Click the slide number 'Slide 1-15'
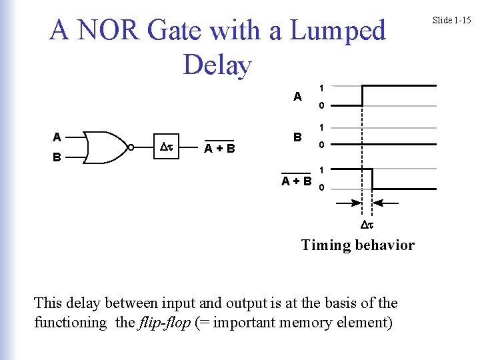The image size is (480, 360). (451, 20)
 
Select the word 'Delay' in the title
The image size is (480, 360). (217, 65)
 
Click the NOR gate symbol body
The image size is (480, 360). (105, 147)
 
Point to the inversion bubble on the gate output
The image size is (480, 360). (131, 147)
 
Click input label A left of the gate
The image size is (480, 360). (57, 137)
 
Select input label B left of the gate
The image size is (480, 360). (57, 158)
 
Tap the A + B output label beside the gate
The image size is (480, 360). (219, 148)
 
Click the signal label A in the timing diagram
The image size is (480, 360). (297, 96)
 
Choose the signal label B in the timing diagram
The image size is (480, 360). (298, 137)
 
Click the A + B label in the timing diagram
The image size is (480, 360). (297, 180)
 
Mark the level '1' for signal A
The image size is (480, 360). (321, 87)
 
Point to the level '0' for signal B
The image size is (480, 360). (321, 146)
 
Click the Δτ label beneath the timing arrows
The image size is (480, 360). (367, 225)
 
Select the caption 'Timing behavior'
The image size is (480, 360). (357, 245)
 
